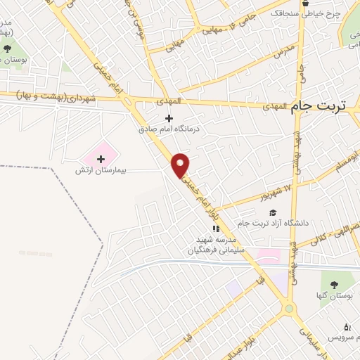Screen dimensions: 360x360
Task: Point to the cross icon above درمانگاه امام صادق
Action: point(169,118)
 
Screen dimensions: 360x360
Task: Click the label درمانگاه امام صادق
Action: point(169,129)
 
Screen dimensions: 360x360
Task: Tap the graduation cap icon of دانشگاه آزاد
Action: point(272,212)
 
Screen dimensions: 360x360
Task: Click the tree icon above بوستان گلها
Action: point(333,283)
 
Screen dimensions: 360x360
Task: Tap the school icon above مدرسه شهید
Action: point(217,229)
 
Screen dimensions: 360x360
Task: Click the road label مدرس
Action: point(283,51)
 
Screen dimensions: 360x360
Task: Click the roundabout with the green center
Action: point(288,308)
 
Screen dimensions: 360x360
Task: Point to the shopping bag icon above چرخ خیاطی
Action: point(309,3)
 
